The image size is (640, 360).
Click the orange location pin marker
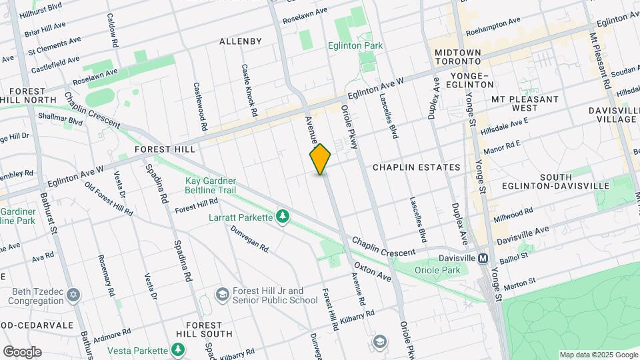[x=321, y=159]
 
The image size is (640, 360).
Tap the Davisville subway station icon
[x=483, y=258]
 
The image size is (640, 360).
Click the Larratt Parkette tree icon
[x=284, y=217]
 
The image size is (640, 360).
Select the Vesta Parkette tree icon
[x=178, y=350]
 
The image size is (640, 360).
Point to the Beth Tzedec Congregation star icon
[x=74, y=294]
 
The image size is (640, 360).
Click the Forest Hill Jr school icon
[x=223, y=295]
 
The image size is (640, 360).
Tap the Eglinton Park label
[x=355, y=45]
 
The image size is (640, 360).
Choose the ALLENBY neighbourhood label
[x=241, y=41]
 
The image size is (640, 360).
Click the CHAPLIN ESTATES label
[x=417, y=167]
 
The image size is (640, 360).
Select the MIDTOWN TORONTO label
[x=457, y=57]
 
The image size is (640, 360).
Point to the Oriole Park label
[x=437, y=270]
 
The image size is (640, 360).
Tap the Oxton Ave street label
[x=373, y=271]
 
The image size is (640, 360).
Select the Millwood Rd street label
[x=513, y=215]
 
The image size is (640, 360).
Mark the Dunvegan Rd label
[x=249, y=239]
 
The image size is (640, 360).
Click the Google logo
[x=22, y=352]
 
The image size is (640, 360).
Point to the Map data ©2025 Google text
[x=598, y=355]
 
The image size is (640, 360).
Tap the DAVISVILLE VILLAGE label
[x=612, y=114]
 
